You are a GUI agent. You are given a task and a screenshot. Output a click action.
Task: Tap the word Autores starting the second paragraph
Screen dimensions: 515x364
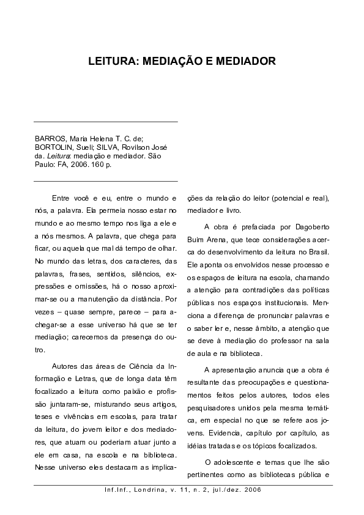[x=68, y=366]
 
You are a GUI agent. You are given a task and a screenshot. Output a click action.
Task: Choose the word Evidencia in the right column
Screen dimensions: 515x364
[x=212, y=433]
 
